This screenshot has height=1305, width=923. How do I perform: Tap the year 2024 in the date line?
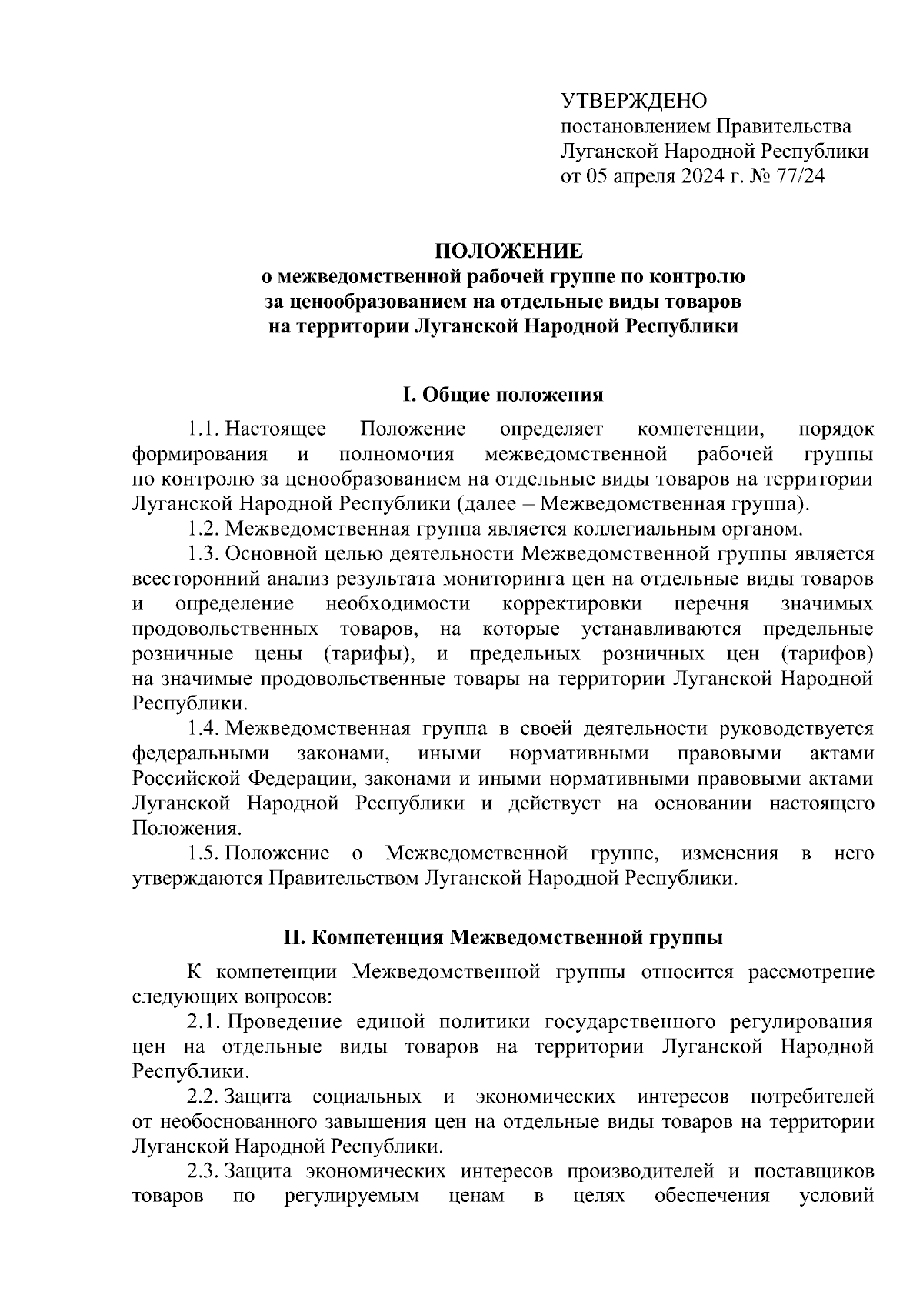tap(701, 177)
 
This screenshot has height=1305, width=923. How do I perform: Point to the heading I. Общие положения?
tap(504, 396)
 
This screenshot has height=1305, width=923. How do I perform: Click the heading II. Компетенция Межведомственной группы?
tap(504, 938)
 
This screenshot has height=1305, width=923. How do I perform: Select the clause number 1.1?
tap(205, 429)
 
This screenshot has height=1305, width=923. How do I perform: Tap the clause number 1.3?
tap(205, 554)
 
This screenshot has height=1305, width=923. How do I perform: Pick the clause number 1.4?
tap(205, 729)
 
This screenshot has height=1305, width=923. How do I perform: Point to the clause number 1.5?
tap(205, 853)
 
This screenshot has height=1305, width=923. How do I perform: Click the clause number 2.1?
tap(205, 1022)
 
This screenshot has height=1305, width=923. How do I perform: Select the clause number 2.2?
tap(205, 1096)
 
